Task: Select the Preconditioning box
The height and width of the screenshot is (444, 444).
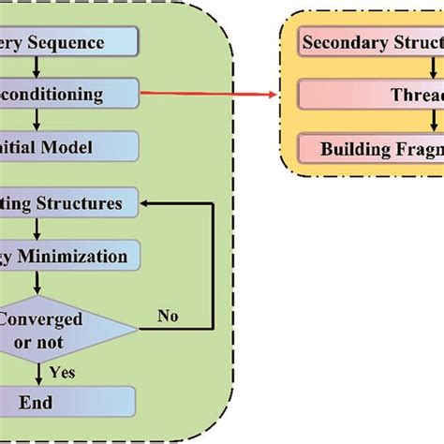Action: tap(69, 94)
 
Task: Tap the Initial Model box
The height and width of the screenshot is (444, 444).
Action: tap(69, 146)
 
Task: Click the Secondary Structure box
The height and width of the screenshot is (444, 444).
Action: tap(371, 42)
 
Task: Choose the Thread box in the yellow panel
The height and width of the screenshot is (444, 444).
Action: tap(371, 94)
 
